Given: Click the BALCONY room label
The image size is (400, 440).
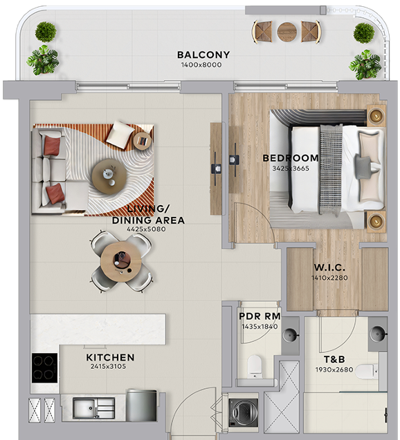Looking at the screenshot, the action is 203,55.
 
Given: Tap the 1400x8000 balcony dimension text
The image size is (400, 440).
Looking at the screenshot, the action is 201,65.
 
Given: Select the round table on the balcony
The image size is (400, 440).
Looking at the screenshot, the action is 287,32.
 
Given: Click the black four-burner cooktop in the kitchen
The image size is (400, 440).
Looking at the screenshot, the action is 44,367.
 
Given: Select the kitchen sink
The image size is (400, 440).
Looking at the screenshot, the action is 93,408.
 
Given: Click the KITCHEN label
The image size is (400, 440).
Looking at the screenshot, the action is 110,358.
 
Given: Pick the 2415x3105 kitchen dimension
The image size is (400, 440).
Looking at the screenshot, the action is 108,367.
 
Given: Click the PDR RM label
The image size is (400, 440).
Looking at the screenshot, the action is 260,316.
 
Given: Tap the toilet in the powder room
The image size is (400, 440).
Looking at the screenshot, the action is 255,366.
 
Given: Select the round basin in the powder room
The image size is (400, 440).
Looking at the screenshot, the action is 290,335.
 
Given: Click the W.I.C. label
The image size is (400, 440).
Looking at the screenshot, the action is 329,268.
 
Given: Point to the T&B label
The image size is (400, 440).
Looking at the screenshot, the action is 334,359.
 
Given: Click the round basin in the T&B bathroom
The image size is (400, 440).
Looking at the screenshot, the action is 379,334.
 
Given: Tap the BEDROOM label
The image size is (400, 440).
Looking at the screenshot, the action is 291,158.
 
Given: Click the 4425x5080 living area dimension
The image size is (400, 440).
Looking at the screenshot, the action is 146,229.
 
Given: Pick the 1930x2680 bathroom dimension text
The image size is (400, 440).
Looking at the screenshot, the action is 334,370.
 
